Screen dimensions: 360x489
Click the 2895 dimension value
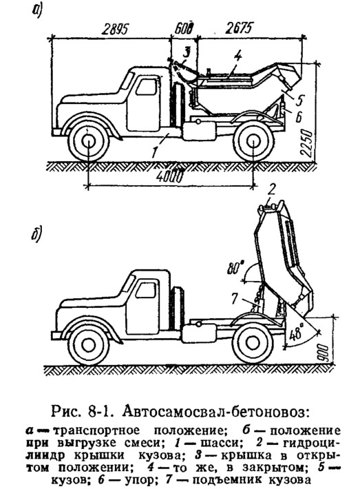[x=116, y=30]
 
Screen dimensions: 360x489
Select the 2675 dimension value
[x=238, y=28]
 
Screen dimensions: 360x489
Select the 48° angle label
[x=295, y=334]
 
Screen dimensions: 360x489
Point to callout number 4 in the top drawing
[x=237, y=56]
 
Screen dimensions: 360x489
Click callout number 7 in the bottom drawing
[x=235, y=298]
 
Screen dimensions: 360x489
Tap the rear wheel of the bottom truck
[x=253, y=344]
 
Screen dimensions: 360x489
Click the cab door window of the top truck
[x=146, y=87]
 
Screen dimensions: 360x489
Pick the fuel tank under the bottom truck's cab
[x=199, y=333]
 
